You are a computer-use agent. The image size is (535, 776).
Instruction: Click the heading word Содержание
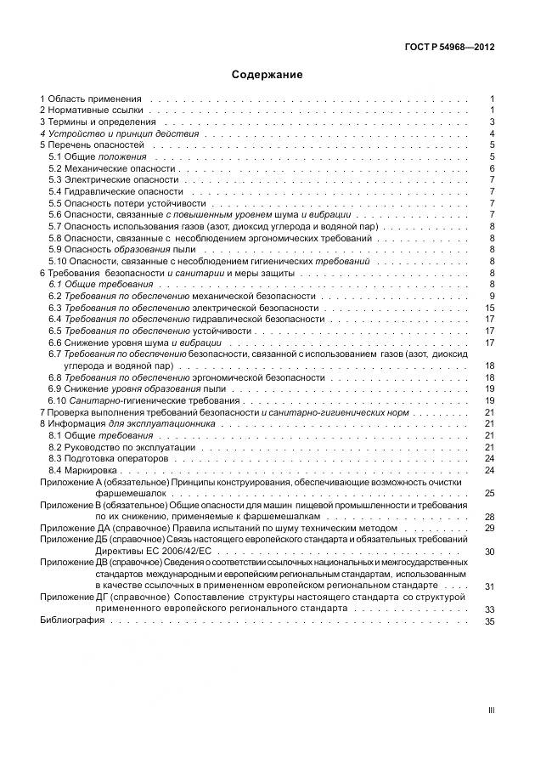[x=267, y=75]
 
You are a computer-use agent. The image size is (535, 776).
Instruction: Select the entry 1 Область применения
[x=91, y=99]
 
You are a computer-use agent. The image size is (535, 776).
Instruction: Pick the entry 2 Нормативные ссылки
[x=93, y=110]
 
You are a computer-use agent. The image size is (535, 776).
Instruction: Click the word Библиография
[x=72, y=620]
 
